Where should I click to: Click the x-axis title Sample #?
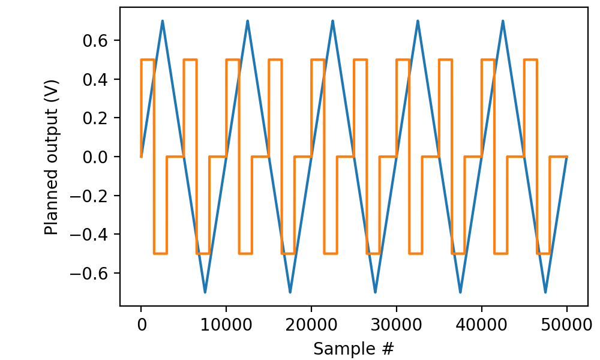354,348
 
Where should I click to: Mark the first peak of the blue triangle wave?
163,21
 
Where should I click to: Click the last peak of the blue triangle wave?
503,21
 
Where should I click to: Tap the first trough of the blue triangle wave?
205,292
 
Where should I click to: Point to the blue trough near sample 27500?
376,292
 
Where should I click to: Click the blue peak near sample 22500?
333,21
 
